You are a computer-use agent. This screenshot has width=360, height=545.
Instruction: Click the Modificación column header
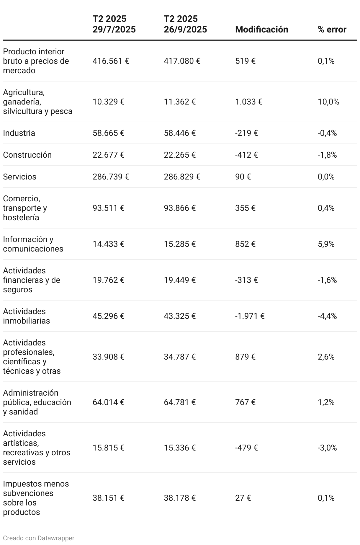(261, 30)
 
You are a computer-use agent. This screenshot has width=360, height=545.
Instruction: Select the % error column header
(332, 30)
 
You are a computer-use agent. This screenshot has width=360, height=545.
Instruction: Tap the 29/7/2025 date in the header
(114, 30)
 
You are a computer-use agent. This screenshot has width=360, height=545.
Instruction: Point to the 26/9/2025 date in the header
(185, 30)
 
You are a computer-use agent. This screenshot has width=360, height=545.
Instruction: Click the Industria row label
(19, 133)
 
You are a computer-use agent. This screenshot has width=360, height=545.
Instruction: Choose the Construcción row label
(27, 155)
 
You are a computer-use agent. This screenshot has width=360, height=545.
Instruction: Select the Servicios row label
(19, 177)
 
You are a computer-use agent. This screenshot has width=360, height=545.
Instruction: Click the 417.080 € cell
(182, 61)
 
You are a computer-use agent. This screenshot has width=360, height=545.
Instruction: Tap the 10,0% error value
(328, 102)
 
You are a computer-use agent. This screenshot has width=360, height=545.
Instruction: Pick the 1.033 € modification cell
(249, 102)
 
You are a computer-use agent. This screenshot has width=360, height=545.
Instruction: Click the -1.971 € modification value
(250, 316)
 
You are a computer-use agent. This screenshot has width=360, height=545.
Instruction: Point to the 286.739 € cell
(111, 177)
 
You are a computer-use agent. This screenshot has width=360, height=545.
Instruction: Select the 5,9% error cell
(326, 244)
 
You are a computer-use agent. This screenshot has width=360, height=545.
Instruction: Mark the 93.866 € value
(180, 208)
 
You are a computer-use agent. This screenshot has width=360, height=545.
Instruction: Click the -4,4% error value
(327, 316)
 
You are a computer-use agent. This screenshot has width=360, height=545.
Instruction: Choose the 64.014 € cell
(108, 402)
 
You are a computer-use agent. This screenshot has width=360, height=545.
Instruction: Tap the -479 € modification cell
(246, 448)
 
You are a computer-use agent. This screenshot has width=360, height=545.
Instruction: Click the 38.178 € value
(180, 498)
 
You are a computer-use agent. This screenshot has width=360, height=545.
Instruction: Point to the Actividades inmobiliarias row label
(26, 316)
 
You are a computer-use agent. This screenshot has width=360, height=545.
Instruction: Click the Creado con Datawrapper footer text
(39, 538)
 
